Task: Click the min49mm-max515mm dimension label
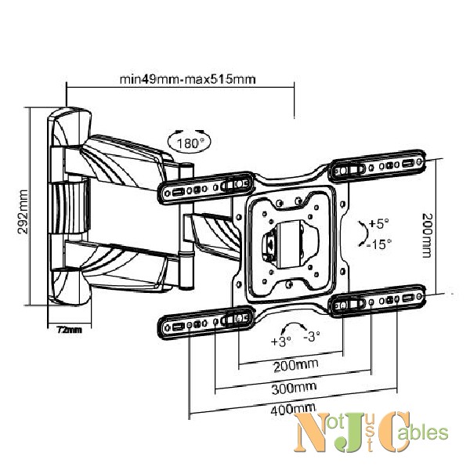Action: tap(188, 79)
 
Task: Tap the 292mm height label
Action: tap(23, 211)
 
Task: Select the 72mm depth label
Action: tap(69, 330)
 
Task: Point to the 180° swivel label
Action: tap(189, 143)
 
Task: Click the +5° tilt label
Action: tap(378, 223)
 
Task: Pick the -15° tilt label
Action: tap(379, 244)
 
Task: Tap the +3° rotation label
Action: tap(280, 341)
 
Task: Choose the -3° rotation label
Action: tap(312, 336)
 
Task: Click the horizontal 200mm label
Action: tap(296, 365)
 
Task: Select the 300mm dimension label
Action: tap(294, 389)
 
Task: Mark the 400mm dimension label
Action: tap(293, 410)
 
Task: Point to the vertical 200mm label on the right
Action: tap(427, 236)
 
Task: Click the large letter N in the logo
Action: tap(312, 432)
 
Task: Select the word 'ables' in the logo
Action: tap(426, 432)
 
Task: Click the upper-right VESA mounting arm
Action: tap(378, 165)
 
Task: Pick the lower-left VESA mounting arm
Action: tap(205, 323)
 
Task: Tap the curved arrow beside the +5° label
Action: tap(363, 233)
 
